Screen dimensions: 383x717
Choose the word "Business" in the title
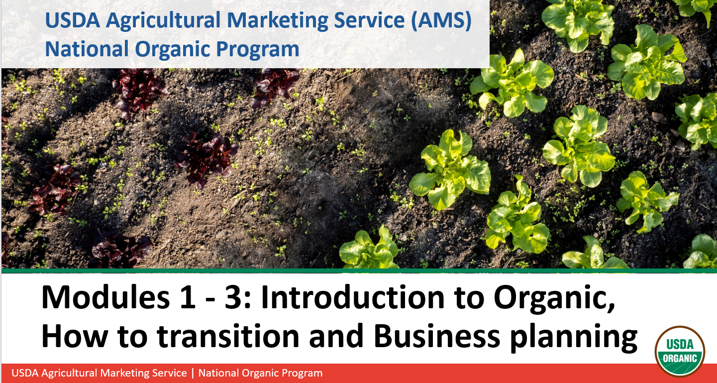point(436,336)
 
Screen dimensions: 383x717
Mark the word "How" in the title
point(74,336)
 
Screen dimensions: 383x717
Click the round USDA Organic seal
point(680,352)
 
